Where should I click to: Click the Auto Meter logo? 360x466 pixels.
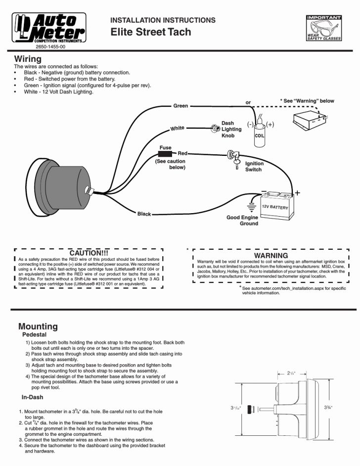tap(48, 27)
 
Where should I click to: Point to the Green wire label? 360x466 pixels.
tap(180, 106)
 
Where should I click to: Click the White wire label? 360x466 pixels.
tap(177, 129)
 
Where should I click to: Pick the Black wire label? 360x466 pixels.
tap(144, 214)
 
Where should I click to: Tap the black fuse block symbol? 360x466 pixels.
tap(165, 154)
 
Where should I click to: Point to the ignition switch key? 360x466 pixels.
tap(233, 162)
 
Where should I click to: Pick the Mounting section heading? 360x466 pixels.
tap(38, 326)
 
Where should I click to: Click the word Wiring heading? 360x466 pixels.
tap(28, 59)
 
